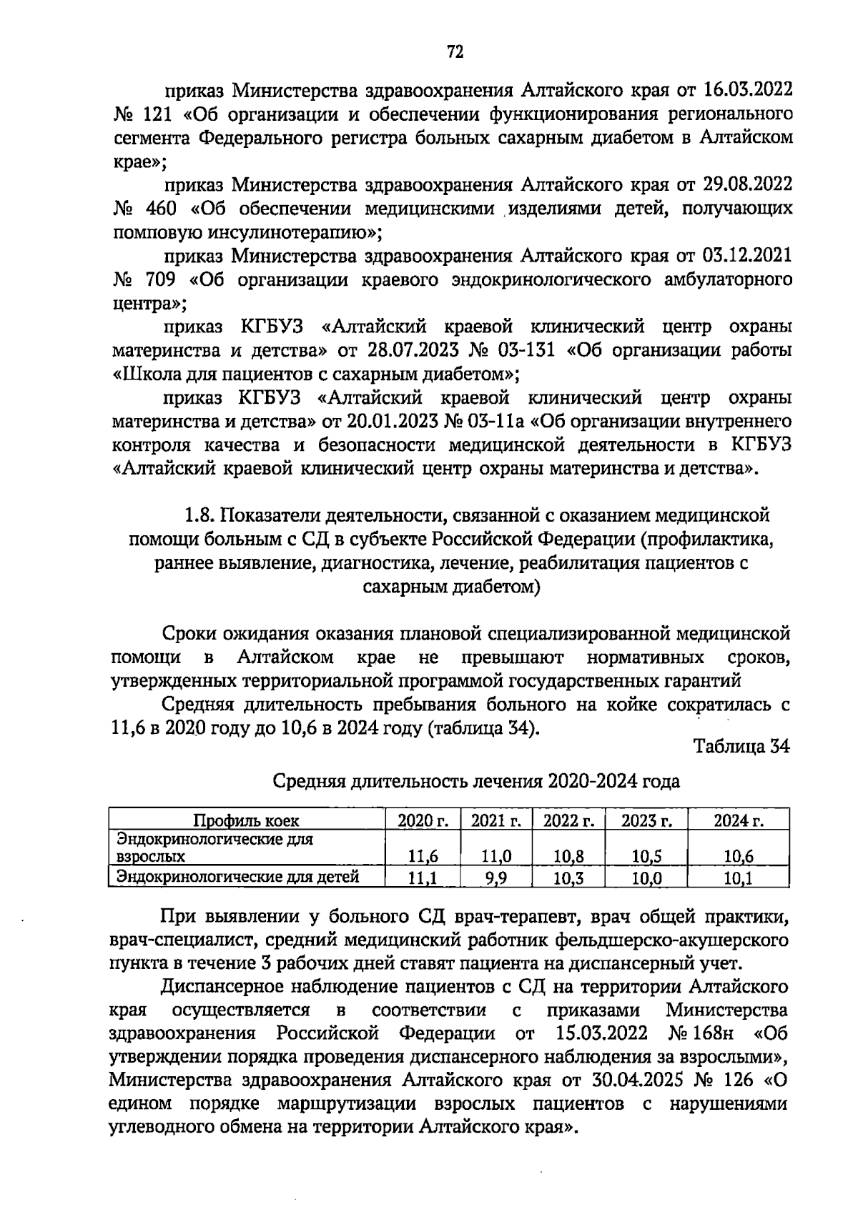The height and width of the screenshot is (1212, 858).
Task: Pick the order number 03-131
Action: pos(526,350)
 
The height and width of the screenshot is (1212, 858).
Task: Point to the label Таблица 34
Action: pos(741,747)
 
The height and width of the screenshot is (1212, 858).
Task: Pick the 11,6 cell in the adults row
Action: pos(423,856)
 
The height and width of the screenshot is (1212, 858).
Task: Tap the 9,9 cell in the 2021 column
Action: pos(495,878)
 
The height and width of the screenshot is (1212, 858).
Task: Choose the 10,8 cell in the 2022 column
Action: pos(568,856)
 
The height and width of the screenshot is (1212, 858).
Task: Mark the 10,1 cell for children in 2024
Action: pos(739,878)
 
